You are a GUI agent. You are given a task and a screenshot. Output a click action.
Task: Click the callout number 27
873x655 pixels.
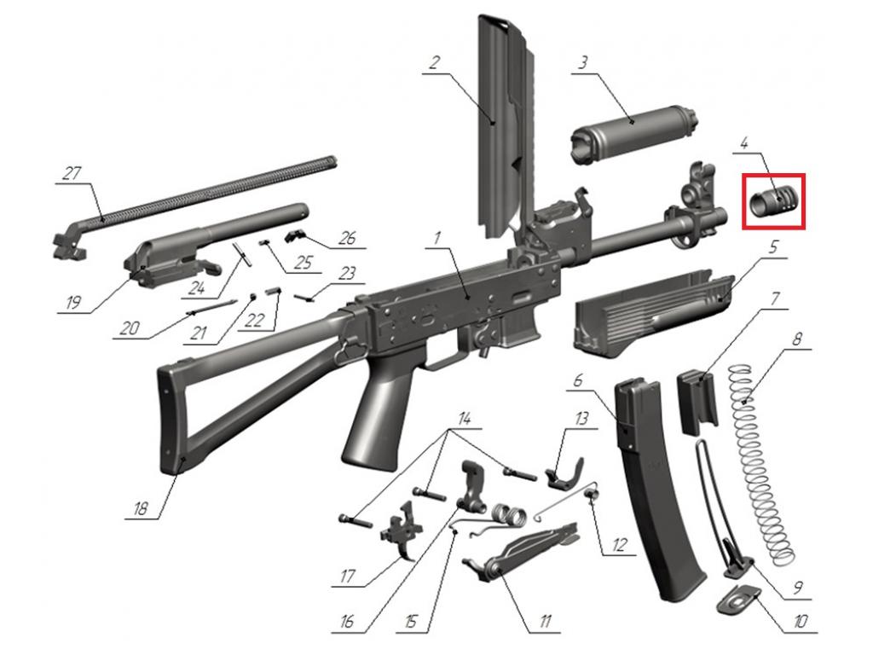72,173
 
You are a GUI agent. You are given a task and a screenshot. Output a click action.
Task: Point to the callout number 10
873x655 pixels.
799,623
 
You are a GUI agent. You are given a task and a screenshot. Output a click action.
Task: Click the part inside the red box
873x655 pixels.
774,202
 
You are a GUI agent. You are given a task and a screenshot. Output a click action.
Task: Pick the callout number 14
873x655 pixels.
465,419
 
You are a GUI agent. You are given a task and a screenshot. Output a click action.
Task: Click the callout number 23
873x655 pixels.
347,274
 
